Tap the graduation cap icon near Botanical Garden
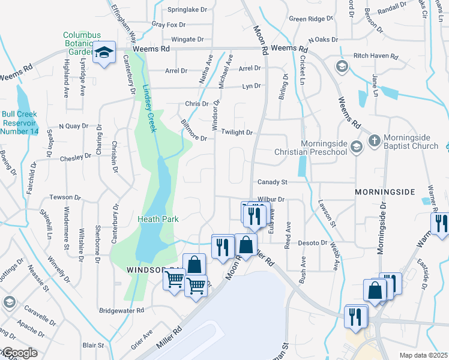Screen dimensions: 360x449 [x=104, y=53]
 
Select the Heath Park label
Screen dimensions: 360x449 [x=158, y=220]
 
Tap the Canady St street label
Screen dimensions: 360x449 [x=273, y=182]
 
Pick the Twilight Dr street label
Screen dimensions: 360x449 [x=237, y=132]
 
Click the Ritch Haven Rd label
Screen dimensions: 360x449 [x=376, y=57]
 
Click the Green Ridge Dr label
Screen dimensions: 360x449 [x=310, y=19]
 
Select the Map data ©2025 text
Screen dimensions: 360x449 [x=423, y=355]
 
